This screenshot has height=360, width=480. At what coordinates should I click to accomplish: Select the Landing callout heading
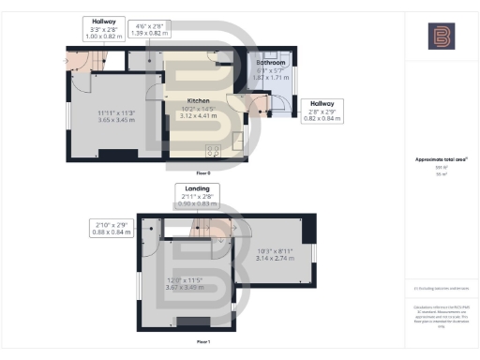(197, 188)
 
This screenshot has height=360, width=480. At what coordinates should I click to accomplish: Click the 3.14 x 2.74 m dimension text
(275, 257)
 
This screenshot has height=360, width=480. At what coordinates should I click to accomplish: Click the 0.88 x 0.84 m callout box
(112, 229)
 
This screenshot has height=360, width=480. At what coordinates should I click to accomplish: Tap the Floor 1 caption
(202, 341)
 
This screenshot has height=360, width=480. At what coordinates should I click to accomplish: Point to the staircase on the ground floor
(91, 62)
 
